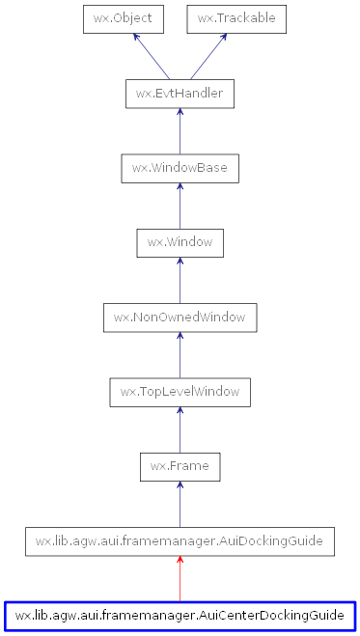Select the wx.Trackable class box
(x=235, y=18)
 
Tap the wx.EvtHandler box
(x=180, y=94)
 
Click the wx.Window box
(x=180, y=242)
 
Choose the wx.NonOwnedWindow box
(x=180, y=317)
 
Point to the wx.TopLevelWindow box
(x=180, y=392)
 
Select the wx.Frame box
(x=180, y=466)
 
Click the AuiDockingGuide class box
(x=180, y=541)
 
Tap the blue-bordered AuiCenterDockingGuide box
(x=180, y=615)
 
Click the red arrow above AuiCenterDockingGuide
(x=180, y=578)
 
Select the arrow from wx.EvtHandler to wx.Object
(x=152, y=56)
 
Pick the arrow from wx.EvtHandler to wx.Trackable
(x=208, y=56)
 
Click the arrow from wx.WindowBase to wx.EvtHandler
(x=180, y=131)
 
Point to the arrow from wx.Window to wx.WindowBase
(x=180, y=206)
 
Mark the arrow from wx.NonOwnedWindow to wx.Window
(x=180, y=280)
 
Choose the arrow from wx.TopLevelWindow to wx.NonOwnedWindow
(x=180, y=354)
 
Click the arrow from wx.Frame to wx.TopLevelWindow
(x=180, y=429)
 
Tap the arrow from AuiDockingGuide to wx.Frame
(x=180, y=504)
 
